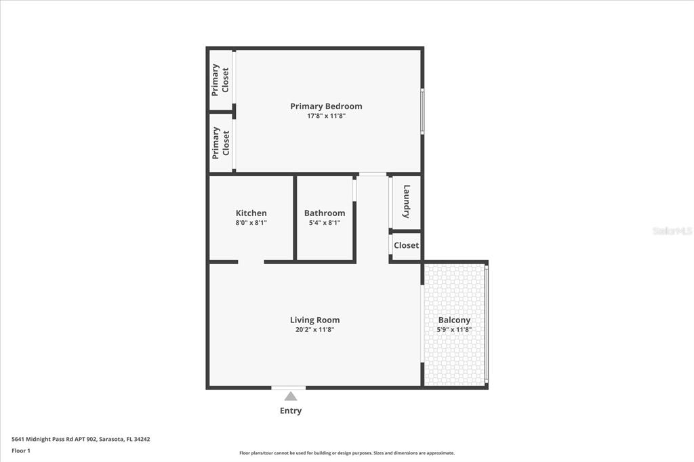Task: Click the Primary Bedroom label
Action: tap(326, 106)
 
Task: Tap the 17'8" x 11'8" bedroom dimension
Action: tap(326, 117)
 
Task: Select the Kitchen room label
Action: tap(251, 213)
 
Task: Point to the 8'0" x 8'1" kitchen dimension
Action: tap(251, 223)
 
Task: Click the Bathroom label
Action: tap(324, 213)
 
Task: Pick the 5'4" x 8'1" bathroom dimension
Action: tap(324, 223)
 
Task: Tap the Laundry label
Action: tap(407, 201)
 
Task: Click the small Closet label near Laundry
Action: tap(406, 245)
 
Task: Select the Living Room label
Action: tap(314, 320)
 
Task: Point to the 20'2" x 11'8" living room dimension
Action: tap(314, 330)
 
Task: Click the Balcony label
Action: tap(454, 320)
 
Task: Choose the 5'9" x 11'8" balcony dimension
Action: tap(454, 330)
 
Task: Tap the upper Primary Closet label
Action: tap(220, 79)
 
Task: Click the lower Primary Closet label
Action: tap(220, 142)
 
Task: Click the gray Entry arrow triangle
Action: tap(290, 396)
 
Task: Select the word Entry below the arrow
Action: tap(290, 411)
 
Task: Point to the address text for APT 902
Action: tap(81, 439)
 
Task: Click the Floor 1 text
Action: tap(21, 450)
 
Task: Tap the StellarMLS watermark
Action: tap(672, 231)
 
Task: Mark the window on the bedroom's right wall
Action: tap(422, 111)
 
